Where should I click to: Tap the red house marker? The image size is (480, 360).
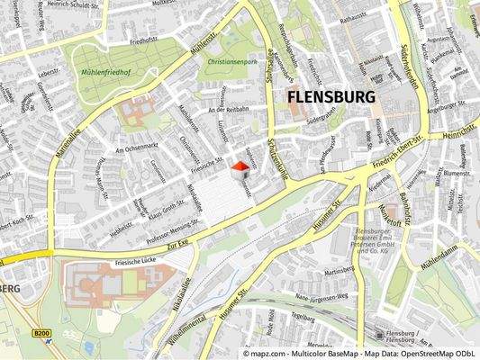click(x=240, y=170)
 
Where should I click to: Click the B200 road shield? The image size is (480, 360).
click(x=41, y=334)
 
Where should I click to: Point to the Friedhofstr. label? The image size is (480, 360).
click(x=144, y=40)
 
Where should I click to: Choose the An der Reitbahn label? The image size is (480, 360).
click(x=227, y=110)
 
